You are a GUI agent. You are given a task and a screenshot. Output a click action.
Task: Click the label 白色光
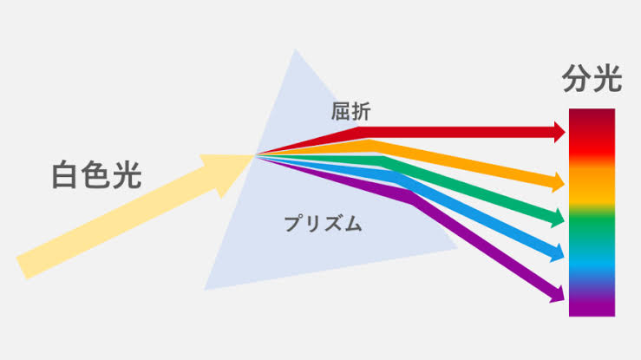click(x=96, y=175)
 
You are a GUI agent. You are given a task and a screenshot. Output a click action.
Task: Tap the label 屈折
click(x=350, y=112)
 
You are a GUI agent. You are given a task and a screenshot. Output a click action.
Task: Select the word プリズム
click(x=323, y=224)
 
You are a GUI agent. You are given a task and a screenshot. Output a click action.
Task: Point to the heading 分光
click(x=592, y=78)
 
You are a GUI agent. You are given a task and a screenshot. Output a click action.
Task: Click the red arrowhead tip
click(x=566, y=132)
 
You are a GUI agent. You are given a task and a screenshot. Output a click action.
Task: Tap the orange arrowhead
click(x=559, y=182)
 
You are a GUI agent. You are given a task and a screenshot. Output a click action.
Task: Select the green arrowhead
click(x=558, y=218)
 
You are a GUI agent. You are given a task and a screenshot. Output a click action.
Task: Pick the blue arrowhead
click(x=558, y=252)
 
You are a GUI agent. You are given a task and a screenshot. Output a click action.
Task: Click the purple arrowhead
click(x=558, y=293)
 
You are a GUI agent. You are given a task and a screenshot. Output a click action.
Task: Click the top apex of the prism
click(x=295, y=49)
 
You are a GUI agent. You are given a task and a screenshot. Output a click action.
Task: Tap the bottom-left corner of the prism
click(x=204, y=290)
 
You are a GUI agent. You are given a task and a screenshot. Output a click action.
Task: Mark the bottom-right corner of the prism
click(x=458, y=247)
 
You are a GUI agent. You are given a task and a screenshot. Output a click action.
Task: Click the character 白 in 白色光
click(x=65, y=175)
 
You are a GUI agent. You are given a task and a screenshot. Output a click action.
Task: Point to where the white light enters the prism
click(x=255, y=155)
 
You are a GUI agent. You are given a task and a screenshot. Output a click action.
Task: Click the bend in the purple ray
click(x=414, y=200)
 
